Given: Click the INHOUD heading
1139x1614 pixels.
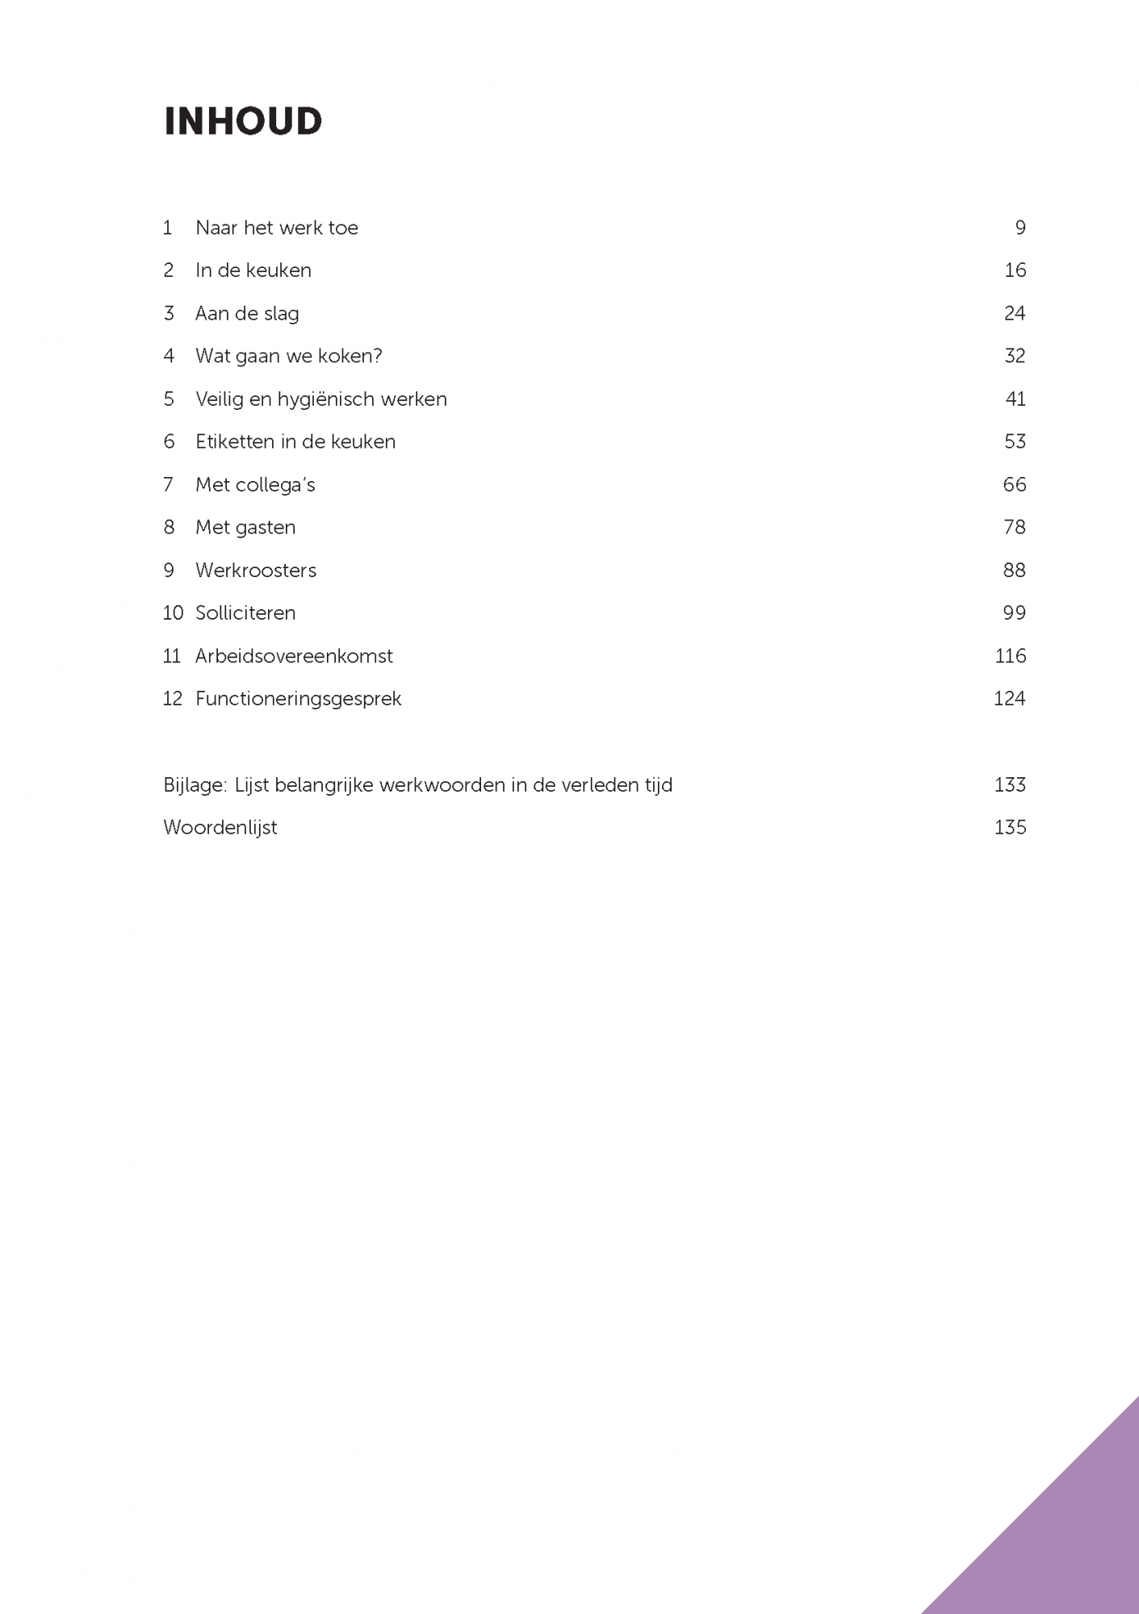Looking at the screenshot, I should (243, 122).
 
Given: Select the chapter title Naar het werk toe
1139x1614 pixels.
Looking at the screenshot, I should (276, 228).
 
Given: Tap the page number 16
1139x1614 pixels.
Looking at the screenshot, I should (1015, 270).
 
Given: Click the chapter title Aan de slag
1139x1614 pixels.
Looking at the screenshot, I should (247, 314).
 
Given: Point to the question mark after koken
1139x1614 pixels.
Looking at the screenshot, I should (377, 356).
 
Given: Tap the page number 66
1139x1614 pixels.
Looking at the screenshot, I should (1014, 484).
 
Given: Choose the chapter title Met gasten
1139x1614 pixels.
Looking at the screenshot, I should (245, 528).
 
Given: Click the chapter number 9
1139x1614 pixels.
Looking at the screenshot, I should (169, 571).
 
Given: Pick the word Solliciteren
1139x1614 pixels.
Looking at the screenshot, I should (245, 613).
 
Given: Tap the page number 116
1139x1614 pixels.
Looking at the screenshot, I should (1010, 656).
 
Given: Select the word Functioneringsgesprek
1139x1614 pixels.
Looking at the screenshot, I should (298, 699).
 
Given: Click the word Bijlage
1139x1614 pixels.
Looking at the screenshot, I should (195, 785).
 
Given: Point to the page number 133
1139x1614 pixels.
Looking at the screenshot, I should (1010, 785).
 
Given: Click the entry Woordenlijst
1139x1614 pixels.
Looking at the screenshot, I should (220, 828).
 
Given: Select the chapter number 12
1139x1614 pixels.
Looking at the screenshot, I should (173, 699).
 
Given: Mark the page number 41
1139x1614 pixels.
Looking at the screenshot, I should (1015, 399).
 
